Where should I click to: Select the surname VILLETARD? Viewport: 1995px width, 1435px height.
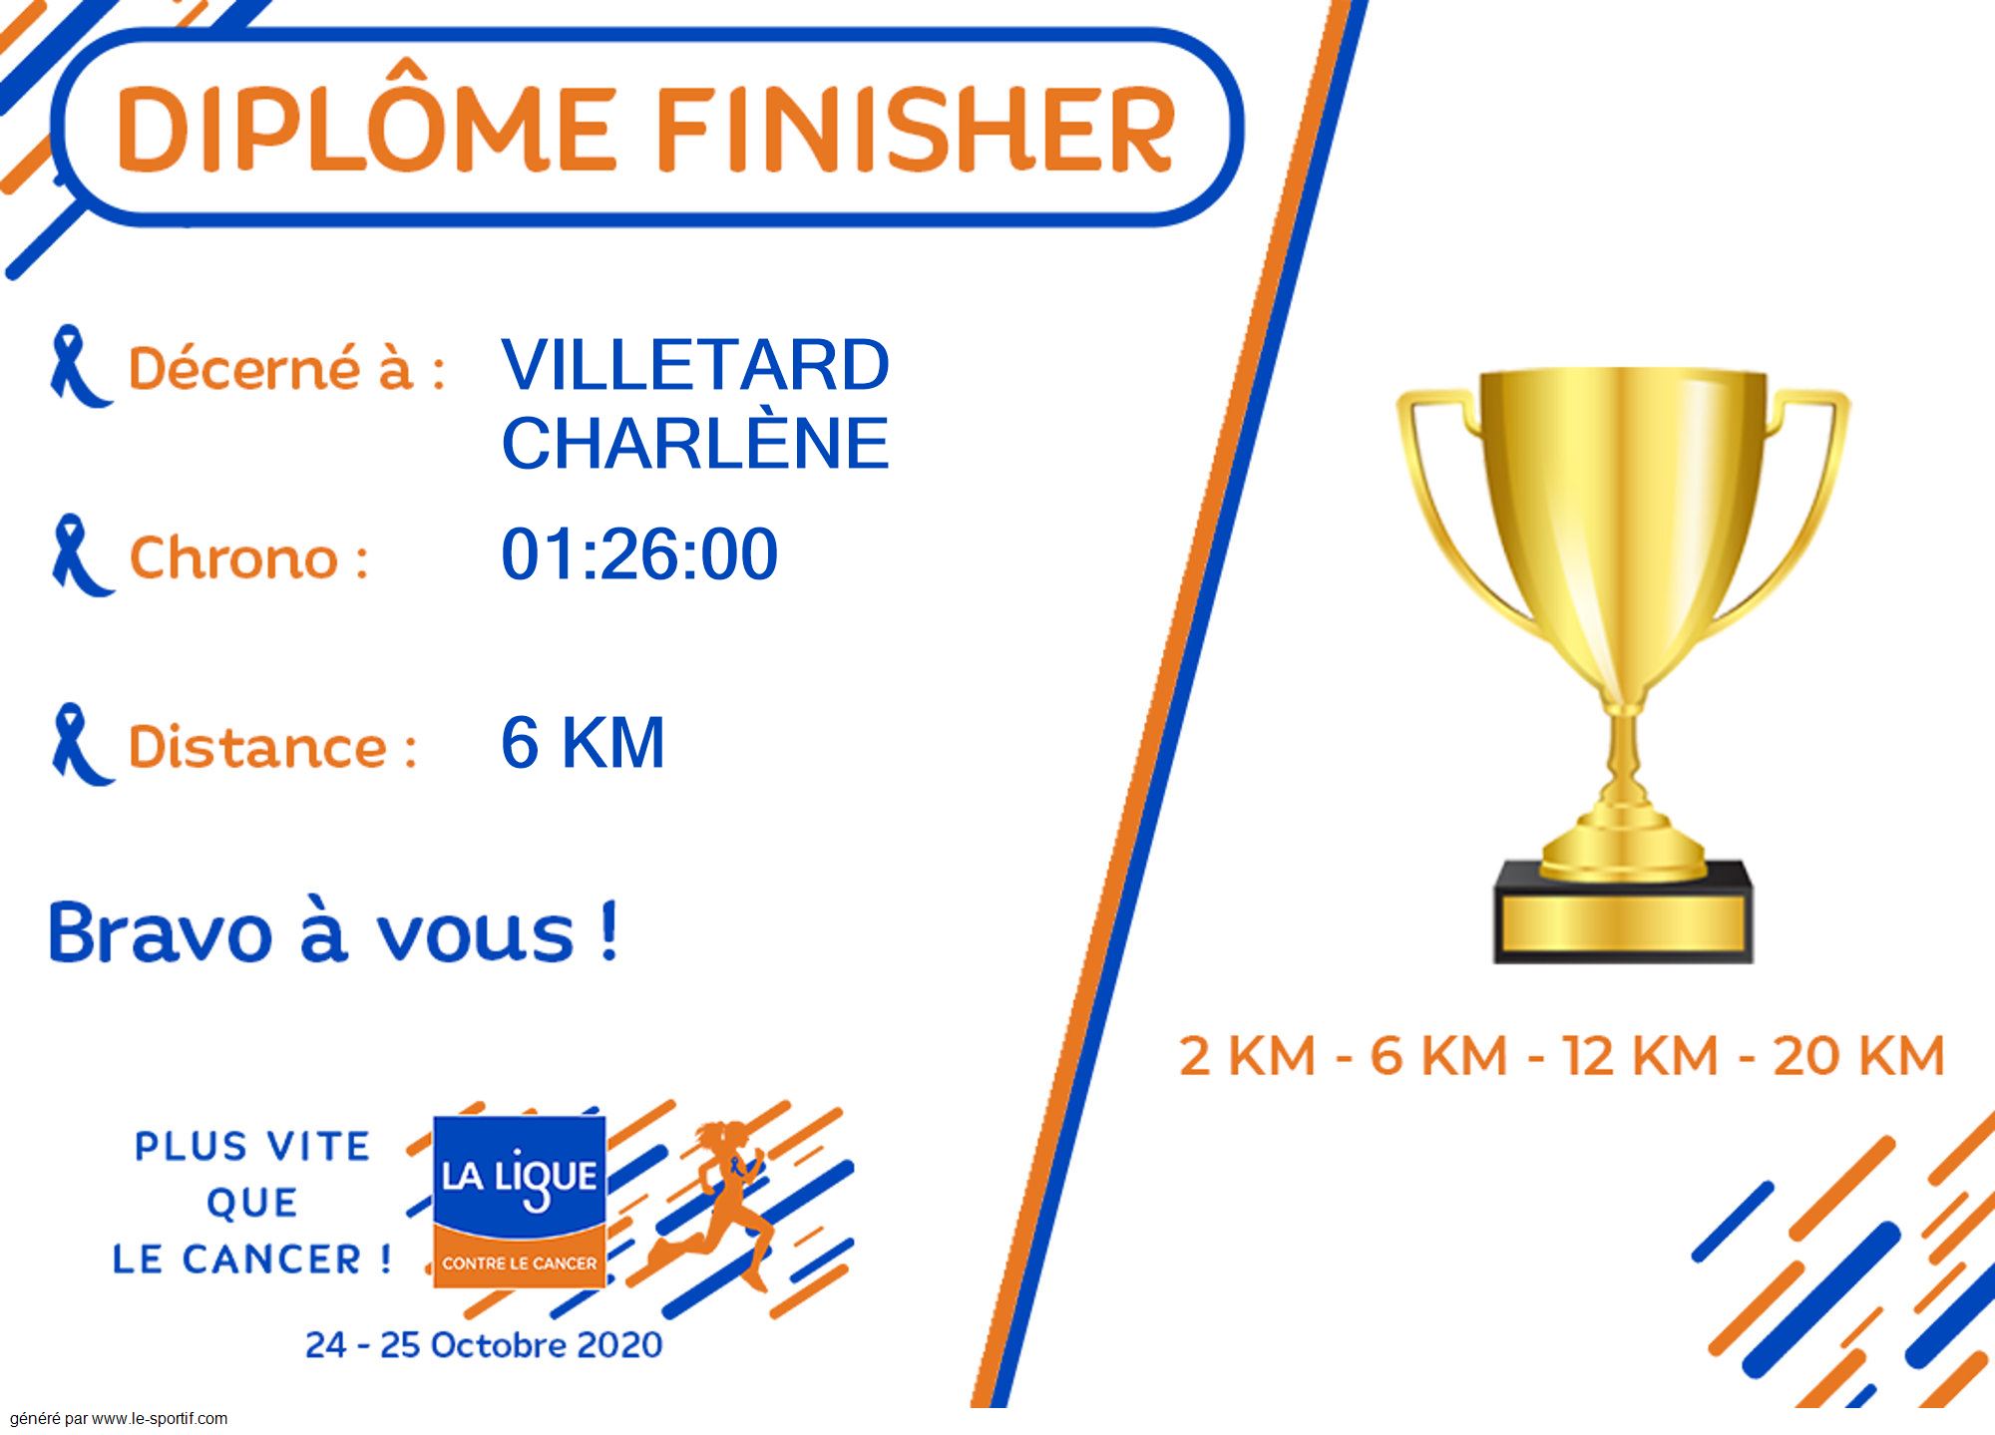coord(695,365)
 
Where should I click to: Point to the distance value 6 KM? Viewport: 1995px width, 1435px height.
coord(583,742)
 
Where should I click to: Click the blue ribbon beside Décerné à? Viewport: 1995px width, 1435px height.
coord(80,366)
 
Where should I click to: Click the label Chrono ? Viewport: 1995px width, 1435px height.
coord(248,557)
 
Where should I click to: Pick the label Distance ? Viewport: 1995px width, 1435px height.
coord(272,746)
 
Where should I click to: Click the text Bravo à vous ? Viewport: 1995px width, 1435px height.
coord(333,932)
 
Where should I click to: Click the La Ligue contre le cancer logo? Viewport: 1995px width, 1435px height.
coord(519,1201)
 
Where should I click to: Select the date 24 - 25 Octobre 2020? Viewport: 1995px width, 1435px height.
coord(484,1344)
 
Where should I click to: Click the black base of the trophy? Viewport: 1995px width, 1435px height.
coord(1623,912)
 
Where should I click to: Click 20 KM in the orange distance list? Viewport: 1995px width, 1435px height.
coord(1858,1055)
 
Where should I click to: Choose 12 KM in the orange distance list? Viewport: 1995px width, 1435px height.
coord(1640,1055)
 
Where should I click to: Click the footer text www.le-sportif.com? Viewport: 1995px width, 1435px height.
coord(160,1418)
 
